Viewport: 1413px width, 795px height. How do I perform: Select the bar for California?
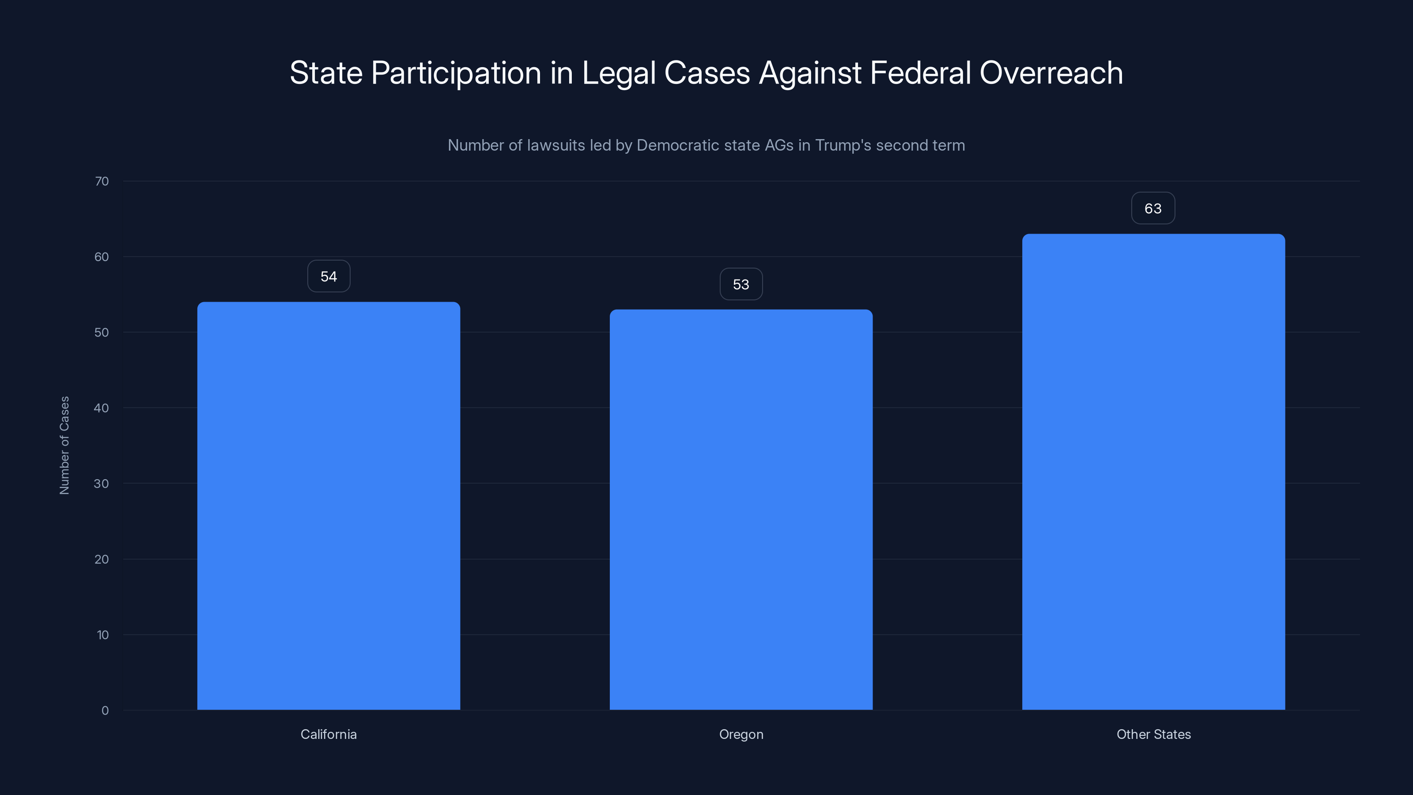coord(329,505)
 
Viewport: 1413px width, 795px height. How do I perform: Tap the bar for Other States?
coord(1153,471)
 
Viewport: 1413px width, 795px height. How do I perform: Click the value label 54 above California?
coord(329,276)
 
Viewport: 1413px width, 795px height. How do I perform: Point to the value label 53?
coord(741,284)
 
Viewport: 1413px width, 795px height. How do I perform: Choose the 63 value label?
coord(1153,208)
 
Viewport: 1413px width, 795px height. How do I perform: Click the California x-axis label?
coord(329,734)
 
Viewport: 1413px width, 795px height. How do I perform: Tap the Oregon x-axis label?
coord(741,734)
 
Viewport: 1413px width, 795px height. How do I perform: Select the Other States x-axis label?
coord(1153,734)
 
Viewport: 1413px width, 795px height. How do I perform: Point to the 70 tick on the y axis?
coord(102,181)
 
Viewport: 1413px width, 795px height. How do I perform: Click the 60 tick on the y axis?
coord(102,257)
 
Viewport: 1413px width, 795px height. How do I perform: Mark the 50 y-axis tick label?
coord(102,333)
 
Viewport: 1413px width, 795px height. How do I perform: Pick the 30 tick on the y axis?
coord(102,483)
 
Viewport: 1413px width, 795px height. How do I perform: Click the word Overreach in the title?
coord(1051,72)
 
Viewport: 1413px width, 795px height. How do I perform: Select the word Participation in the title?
coord(457,73)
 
